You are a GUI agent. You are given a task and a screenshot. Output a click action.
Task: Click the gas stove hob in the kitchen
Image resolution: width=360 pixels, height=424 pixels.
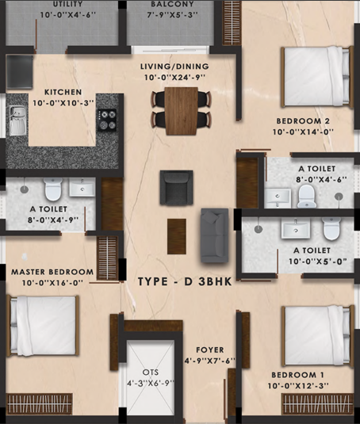107,120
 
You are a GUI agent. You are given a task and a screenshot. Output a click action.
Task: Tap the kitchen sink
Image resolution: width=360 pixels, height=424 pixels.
18,120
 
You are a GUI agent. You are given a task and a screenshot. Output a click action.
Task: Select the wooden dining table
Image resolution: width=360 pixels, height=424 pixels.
182,111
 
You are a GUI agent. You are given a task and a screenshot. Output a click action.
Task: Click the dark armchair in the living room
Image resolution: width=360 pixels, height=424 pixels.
176,187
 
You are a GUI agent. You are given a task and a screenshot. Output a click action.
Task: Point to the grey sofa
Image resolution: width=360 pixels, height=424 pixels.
215,235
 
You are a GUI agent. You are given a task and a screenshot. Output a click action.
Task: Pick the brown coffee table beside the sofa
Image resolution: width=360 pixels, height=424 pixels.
177,236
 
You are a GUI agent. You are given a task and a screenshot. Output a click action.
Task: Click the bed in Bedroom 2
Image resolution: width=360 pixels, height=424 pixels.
317,76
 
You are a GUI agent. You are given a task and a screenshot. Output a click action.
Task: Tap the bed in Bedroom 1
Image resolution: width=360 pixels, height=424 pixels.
318,335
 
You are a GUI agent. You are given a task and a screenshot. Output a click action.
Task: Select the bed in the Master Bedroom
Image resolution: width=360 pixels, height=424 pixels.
43,326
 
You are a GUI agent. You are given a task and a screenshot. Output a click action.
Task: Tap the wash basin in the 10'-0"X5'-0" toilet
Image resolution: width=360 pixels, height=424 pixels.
295,229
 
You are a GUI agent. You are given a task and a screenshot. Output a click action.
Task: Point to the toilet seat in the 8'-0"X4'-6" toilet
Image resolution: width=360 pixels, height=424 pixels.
306,196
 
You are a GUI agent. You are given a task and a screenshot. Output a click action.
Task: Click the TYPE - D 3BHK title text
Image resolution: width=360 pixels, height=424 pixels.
186,282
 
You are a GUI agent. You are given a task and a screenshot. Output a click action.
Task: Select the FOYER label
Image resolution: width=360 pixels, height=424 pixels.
210,350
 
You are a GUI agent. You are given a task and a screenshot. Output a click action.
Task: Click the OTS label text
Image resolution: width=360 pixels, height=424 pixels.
151,372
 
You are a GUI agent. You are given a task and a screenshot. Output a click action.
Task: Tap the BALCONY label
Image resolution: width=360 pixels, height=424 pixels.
172,4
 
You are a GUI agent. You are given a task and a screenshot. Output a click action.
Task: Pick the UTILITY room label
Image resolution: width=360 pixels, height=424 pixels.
67,4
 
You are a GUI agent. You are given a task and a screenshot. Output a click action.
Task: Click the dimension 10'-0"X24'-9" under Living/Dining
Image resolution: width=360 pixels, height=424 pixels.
174,78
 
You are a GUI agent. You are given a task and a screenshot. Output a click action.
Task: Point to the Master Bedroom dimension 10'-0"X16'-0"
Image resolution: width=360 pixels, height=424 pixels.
52,283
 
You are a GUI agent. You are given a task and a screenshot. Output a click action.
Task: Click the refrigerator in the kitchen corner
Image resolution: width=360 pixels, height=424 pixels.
20,72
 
